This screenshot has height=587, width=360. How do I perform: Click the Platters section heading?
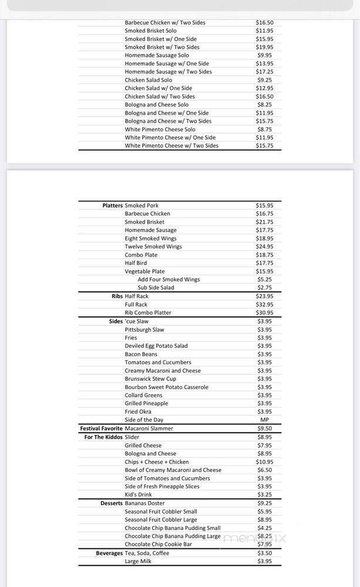tap(112, 205)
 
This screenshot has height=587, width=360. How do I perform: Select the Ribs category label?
tap(117, 296)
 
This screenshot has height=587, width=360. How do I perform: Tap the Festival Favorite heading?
tap(102, 429)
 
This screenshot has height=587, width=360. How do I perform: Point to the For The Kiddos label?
tap(103, 437)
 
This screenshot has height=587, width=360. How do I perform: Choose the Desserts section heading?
tap(112, 503)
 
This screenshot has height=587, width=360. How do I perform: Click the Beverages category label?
tap(109, 553)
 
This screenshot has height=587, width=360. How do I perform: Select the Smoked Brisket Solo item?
tap(150, 31)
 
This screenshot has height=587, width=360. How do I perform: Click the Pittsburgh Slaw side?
tap(144, 329)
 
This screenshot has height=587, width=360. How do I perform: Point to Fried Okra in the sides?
tap(139, 411)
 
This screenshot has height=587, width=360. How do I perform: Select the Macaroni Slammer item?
tap(149, 429)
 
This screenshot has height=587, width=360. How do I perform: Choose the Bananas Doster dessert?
tap(144, 503)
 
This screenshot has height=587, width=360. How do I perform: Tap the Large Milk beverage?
tap(138, 561)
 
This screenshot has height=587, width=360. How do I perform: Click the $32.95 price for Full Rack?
tap(264, 305)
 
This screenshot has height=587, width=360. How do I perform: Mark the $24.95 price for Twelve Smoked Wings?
tap(264, 247)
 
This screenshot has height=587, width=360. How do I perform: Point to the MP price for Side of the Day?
tap(264, 420)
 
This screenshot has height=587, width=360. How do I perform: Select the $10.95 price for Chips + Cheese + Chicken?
tap(264, 462)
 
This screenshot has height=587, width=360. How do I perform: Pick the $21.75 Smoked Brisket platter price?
tap(264, 222)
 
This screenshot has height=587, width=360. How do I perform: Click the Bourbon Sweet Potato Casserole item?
tap(166, 387)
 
